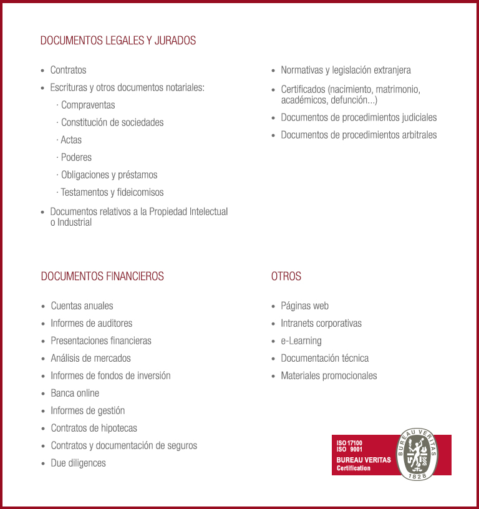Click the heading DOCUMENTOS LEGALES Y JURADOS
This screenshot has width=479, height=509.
118,41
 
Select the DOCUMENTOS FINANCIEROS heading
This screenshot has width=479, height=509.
102,276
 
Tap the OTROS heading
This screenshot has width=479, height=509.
286,276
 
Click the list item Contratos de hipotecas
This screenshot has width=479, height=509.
94,428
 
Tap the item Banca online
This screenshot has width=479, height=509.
75,393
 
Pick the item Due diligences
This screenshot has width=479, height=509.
78,463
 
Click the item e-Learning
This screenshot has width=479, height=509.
301,341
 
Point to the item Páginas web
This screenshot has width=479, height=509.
304,306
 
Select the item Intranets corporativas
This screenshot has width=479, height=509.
321,323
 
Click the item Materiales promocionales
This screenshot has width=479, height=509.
329,376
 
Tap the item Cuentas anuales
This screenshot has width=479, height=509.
82,306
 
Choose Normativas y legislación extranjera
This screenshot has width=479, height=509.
346,70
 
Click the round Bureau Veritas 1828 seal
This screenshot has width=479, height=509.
417,455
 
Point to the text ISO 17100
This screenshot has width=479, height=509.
349,443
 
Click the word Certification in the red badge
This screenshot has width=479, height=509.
354,468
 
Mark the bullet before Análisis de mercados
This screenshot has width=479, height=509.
42,359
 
